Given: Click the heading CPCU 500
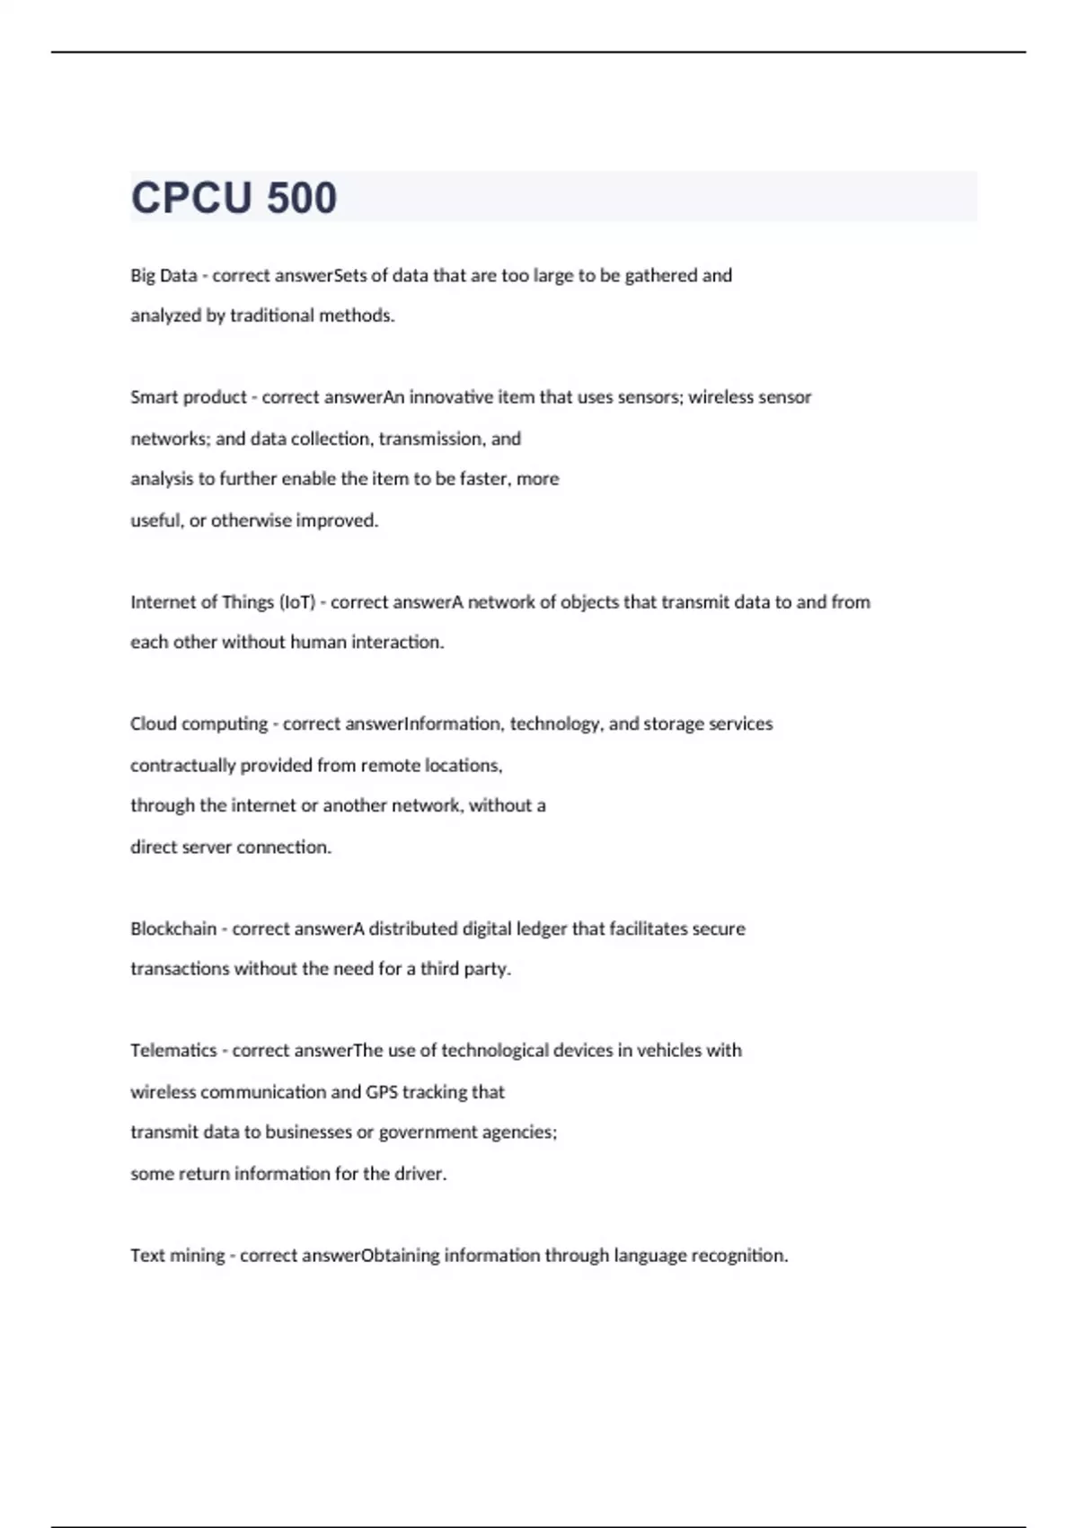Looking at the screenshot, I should pos(234,198).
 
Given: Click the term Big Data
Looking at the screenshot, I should pos(163,276).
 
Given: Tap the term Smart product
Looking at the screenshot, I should pos(189,397).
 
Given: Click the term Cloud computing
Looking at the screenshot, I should pos(199,724).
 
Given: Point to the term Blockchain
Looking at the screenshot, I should pos(173,928).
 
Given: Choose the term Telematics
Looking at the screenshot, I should pos(173,1051).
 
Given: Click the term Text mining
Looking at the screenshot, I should pos(177,1256).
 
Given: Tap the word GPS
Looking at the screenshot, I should pos(381,1092).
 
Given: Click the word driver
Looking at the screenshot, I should pos(420,1174).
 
